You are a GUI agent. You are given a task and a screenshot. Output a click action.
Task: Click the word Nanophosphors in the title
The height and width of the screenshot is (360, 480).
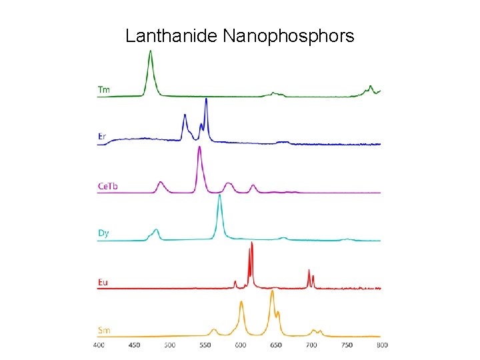coord(289,36)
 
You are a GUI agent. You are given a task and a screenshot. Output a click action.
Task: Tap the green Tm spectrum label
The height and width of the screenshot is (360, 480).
coord(104,89)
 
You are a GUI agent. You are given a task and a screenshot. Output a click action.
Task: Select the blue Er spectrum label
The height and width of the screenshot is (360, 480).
coord(102,137)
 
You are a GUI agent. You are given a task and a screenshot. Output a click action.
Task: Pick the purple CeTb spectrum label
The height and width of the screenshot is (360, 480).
coord(107,186)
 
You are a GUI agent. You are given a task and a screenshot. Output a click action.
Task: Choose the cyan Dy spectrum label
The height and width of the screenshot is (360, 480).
coord(103,233)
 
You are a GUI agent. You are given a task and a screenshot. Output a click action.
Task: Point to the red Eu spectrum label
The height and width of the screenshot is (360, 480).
coord(103,283)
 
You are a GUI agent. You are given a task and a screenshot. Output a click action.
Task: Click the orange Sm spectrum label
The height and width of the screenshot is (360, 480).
coord(104,331)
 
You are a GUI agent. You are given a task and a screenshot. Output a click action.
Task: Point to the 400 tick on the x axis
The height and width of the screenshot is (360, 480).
coord(99,345)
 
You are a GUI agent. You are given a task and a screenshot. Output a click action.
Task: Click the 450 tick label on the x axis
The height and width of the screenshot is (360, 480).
coord(134,345)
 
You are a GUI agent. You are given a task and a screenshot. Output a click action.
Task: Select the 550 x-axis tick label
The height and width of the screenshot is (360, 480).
coord(205,345)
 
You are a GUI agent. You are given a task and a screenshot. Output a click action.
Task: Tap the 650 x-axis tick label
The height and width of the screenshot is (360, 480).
coord(276,345)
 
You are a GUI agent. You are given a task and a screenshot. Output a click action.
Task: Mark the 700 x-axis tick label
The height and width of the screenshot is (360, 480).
coord(311,345)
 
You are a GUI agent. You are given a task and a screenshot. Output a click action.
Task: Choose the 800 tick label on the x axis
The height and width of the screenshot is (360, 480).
coord(381,345)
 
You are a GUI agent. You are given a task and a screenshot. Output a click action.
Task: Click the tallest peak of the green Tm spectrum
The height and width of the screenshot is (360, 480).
coord(151,53)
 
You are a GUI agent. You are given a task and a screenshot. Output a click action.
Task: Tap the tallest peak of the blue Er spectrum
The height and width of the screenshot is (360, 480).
coord(206,100)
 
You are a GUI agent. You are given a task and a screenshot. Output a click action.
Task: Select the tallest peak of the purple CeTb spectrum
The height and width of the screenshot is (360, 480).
coord(199,148)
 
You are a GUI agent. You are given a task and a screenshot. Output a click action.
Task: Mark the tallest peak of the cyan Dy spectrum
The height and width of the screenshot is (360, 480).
coord(219,196)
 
